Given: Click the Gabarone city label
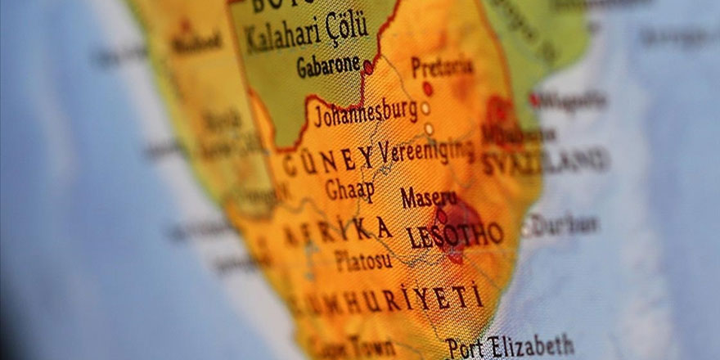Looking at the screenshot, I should pos(327,65).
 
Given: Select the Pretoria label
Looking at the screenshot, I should pos(442,66).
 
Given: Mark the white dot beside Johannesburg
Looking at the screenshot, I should pos(425,108).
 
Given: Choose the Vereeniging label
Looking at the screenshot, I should pos(426,150).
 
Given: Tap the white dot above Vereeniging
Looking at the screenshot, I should pos(429,128).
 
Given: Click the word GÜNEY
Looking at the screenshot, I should pos(327,160).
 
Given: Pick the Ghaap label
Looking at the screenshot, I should pos(349,190).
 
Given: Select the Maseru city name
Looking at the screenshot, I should pos(429,197).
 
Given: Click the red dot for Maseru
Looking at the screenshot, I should pos(442,215).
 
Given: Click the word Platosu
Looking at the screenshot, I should pos(363,261).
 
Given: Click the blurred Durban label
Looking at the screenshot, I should pos(565,224).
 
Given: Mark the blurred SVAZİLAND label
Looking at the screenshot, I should pos(544,161).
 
